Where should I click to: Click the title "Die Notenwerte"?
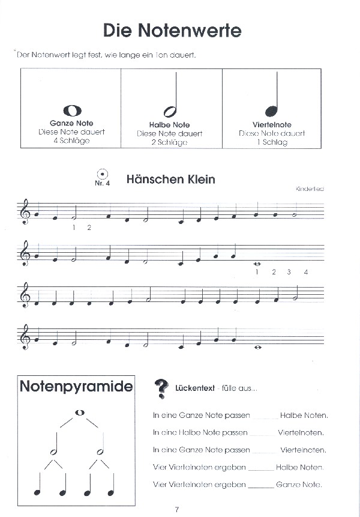coord(172,30)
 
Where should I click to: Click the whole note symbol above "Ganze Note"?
coord(71,110)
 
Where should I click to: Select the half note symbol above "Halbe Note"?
coord(170,110)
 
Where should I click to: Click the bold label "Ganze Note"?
coord(71,123)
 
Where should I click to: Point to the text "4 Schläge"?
coord(71,141)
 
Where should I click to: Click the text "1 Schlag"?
coord(271,142)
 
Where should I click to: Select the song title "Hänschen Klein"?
coord(170,180)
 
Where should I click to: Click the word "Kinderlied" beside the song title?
coord(310,189)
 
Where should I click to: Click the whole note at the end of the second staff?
coord(256,263)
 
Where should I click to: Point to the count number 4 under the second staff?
coord(306,273)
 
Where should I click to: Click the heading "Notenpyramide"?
coord(76,386)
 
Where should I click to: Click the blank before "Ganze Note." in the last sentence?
coord(260,485)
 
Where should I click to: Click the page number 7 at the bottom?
coord(177,510)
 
